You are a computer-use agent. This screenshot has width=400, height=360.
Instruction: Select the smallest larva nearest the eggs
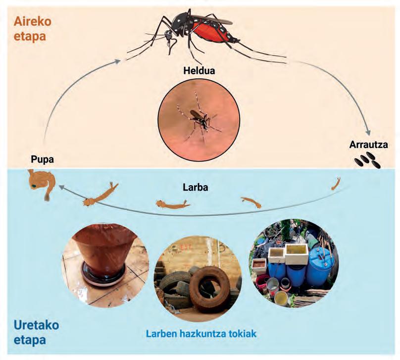336,184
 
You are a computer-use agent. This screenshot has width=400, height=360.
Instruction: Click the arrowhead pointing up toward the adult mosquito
117,61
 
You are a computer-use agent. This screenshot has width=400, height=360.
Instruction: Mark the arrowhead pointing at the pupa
60,187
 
